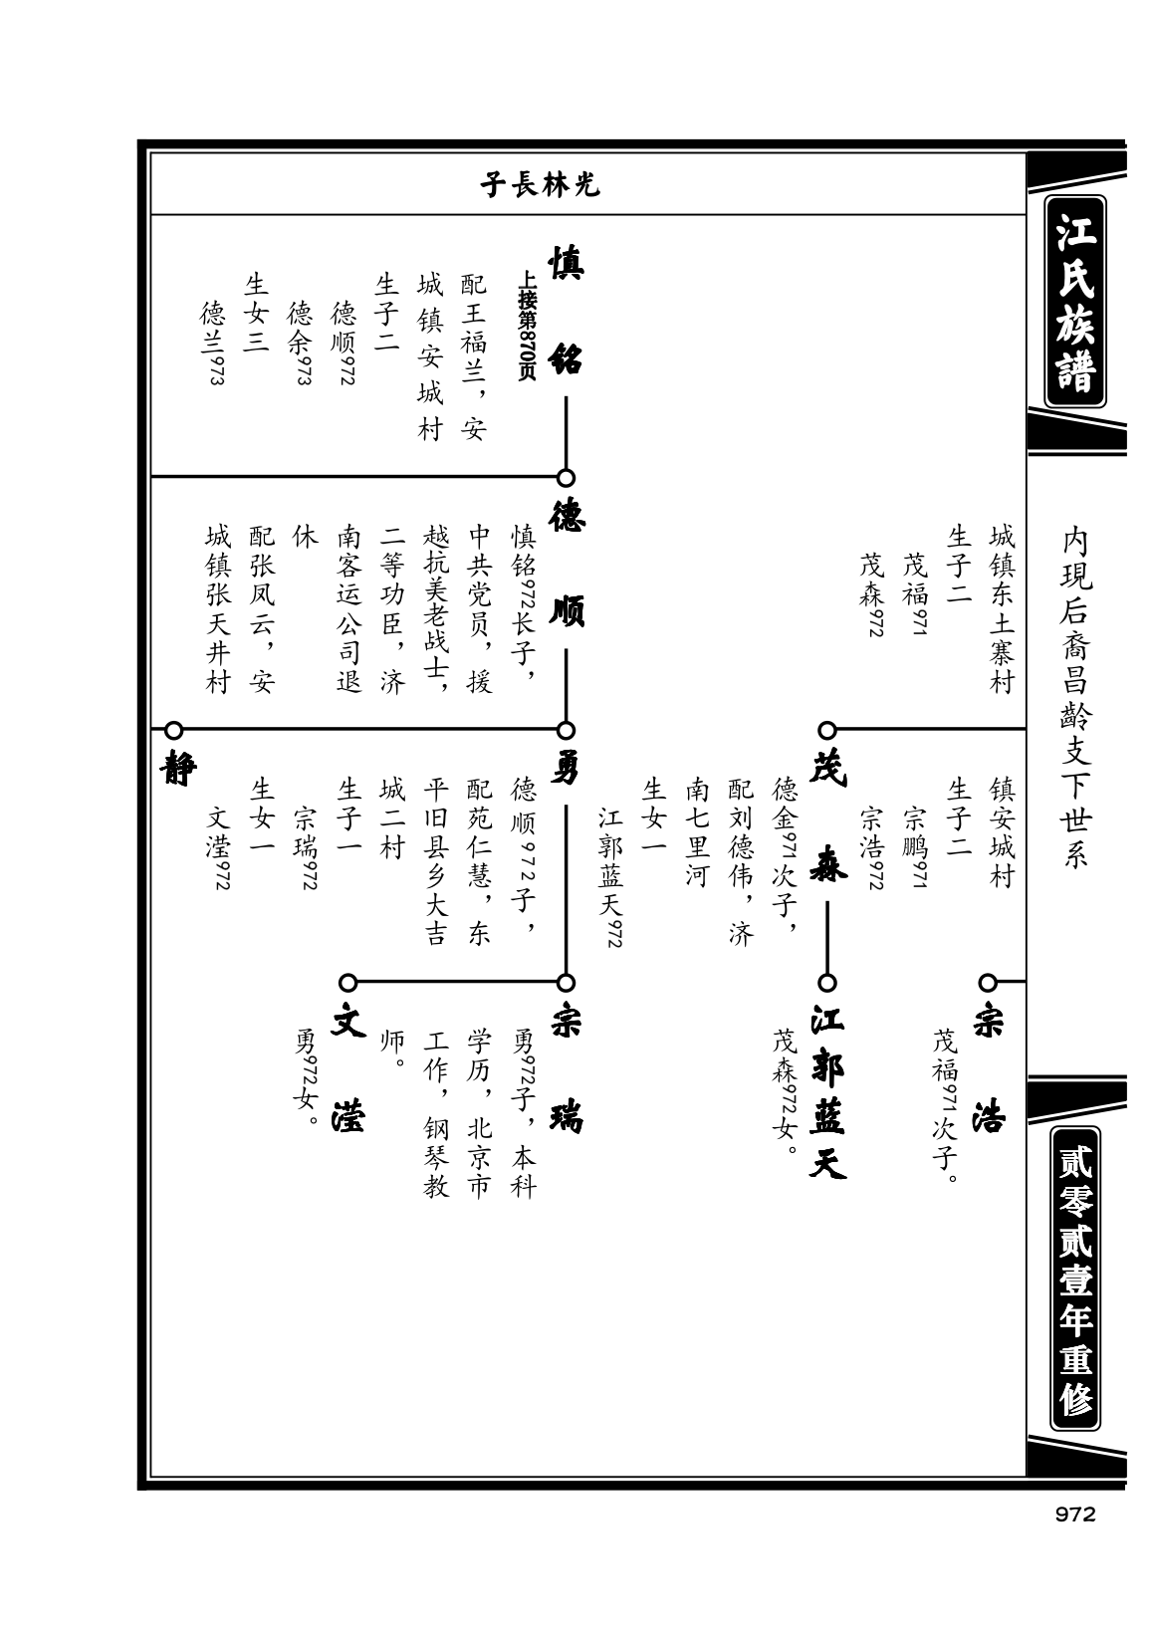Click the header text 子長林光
click(x=540, y=185)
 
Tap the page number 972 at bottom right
click(x=1074, y=1514)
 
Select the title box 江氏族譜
click(x=1074, y=301)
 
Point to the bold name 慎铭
click(x=566, y=311)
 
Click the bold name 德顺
click(x=566, y=564)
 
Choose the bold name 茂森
click(x=828, y=815)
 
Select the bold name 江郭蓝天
click(x=828, y=1090)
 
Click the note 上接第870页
click(x=527, y=326)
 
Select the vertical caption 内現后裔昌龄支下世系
click(x=1074, y=698)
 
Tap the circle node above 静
click(x=173, y=730)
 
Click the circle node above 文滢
click(x=348, y=983)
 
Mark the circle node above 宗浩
click(x=988, y=983)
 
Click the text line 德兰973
click(x=214, y=343)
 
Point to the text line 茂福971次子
click(x=945, y=1099)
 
